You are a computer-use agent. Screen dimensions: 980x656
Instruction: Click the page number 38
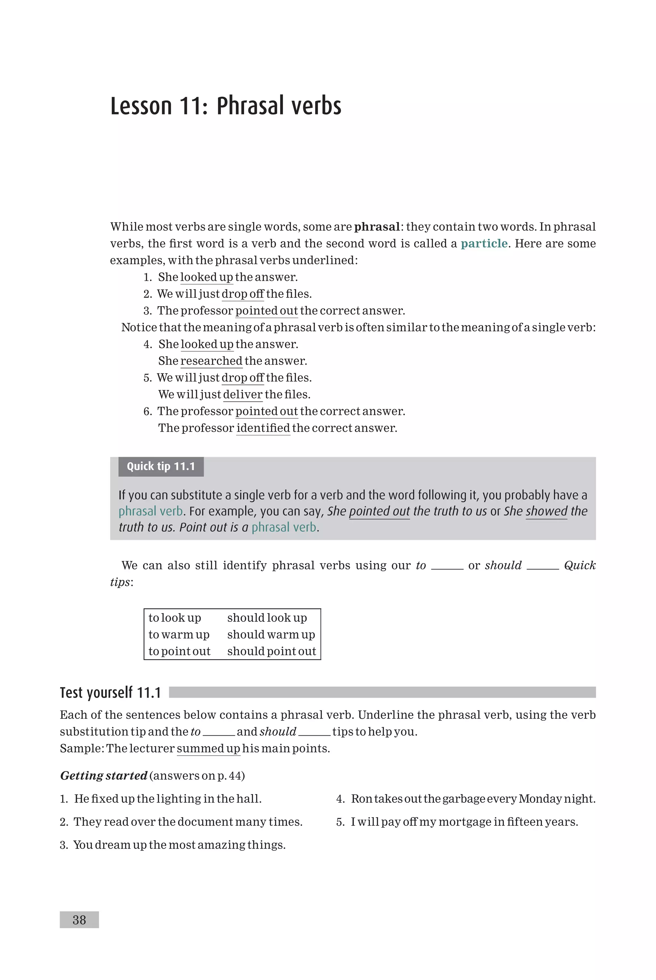[x=79, y=920]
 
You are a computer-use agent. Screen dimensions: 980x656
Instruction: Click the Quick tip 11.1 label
[x=161, y=466]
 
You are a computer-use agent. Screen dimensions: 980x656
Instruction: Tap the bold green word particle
[x=484, y=244]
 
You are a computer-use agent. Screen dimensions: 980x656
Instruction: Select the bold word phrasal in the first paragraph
[x=377, y=227]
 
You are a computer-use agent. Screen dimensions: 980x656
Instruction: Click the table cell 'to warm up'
[x=179, y=635]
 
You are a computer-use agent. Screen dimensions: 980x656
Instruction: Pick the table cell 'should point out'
[x=272, y=651]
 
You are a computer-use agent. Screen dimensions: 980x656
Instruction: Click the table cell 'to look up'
[x=175, y=618]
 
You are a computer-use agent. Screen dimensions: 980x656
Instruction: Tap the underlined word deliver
[x=243, y=394]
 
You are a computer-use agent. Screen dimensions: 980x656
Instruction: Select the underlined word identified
[x=263, y=428]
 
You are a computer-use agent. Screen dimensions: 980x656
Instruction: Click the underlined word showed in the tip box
[x=546, y=511]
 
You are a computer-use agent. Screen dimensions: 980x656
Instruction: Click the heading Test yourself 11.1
[x=111, y=692]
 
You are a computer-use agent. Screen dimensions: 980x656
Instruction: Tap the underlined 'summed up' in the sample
[x=208, y=749]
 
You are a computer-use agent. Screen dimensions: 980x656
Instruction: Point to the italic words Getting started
[x=104, y=776]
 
